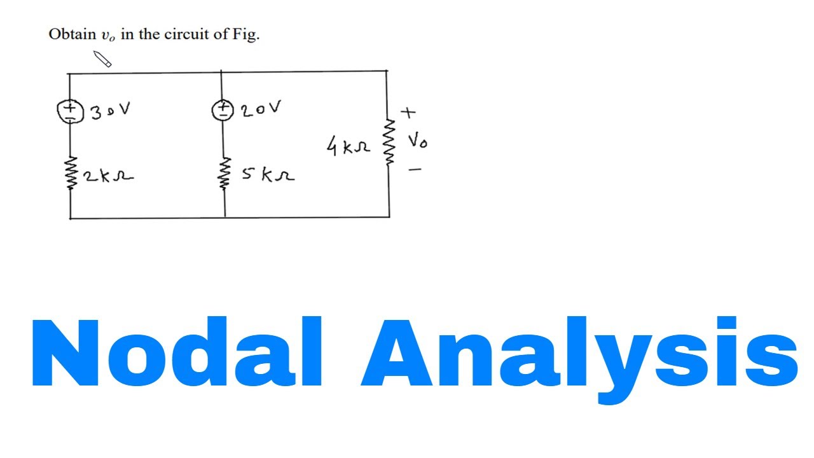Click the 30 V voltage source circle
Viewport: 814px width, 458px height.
pos(57,112)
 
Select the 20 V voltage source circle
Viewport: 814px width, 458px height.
pos(212,110)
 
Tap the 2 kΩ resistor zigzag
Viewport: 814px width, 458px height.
pos(72,173)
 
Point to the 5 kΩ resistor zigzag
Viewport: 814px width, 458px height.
pos(225,174)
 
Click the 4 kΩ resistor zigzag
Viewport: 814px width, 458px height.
pos(389,142)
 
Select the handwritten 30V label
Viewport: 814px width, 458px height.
pos(110,111)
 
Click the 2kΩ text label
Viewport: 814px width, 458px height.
pos(108,176)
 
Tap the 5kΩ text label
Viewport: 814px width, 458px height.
pos(268,175)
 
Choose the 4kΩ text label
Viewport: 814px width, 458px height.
pos(348,146)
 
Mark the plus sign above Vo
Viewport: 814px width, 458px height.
pos(408,113)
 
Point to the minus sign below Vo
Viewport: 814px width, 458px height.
pos(415,169)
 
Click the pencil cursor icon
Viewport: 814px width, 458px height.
pos(102,59)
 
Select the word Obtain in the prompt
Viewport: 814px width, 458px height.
pos(72,34)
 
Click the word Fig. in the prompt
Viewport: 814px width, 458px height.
pos(246,35)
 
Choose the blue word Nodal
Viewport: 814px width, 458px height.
pos(177,351)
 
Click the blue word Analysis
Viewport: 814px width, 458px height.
pos(579,360)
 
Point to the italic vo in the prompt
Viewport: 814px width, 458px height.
pos(108,36)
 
